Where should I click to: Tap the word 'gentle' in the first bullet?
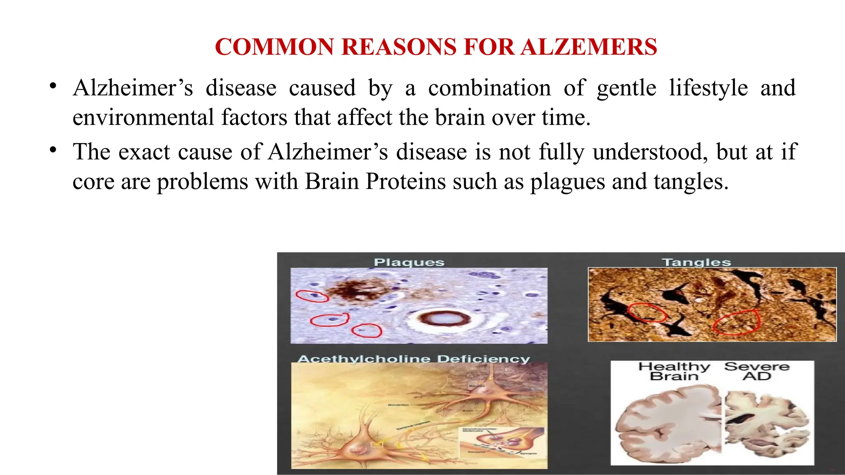coord(626,88)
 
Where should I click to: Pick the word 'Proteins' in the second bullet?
coord(406,182)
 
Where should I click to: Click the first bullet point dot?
coord(52,86)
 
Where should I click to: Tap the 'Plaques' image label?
coord(409,262)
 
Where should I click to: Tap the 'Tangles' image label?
coord(696,262)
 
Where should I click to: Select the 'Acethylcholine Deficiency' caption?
coord(414,359)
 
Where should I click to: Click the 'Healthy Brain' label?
coord(674,371)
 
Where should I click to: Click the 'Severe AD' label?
coord(757,371)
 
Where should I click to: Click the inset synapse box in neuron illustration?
coord(502,442)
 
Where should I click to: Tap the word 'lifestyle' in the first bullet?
coord(708,88)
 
